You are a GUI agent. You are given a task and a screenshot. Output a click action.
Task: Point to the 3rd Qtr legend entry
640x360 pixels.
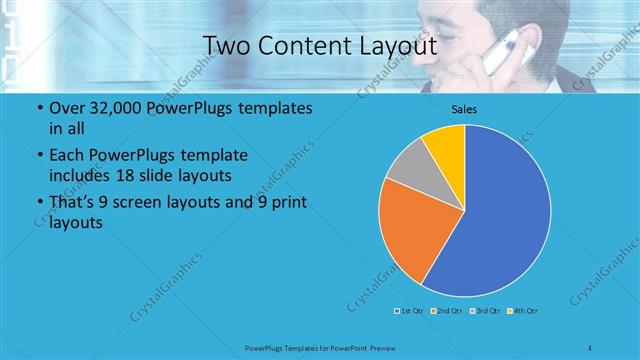tap(487, 311)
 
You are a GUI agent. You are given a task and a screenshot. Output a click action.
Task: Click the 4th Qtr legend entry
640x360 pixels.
tap(525, 311)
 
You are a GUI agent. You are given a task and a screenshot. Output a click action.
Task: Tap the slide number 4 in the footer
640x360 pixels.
tap(591, 347)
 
